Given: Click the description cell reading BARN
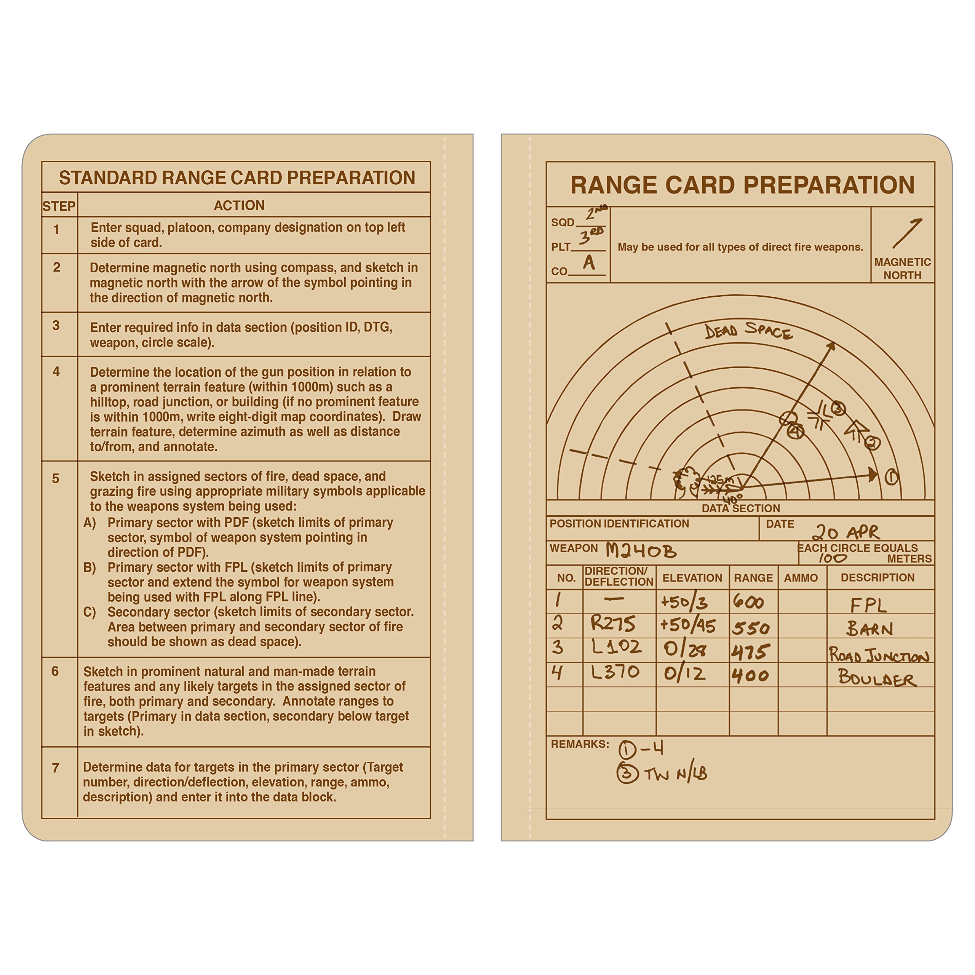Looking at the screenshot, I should tap(870, 628).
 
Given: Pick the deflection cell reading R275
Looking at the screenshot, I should tap(613, 624).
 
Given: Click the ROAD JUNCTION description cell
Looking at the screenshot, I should tap(879, 655).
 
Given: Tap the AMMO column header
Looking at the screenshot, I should tap(801, 578).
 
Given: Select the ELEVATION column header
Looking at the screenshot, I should tap(692, 578).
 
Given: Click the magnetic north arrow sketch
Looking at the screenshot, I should tap(907, 233).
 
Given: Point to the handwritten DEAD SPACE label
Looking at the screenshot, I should tap(748, 331).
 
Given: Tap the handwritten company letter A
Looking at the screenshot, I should tap(588, 262).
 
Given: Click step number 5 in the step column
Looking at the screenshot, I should tap(56, 478).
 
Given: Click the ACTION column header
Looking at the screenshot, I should tap(239, 205).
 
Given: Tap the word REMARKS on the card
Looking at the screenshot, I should tap(579, 744).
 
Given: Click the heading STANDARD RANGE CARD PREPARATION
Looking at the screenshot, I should tap(237, 177).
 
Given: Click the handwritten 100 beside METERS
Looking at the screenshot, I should tap(832, 558).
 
